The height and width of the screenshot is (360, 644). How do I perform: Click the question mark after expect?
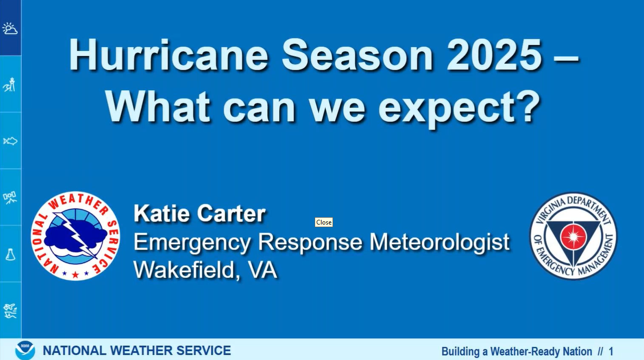530,105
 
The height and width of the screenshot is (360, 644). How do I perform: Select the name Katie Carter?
200,213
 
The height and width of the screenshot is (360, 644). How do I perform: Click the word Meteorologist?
440,242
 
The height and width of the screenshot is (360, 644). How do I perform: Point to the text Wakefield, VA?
206,270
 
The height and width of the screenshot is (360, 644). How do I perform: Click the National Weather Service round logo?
75,236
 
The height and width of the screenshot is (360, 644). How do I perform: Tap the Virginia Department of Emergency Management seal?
573,236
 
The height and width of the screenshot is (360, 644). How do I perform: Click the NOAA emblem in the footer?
25,350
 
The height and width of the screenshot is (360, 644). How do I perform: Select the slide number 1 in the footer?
611,352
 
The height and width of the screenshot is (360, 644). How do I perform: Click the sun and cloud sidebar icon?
10,28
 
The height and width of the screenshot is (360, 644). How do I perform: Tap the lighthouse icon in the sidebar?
9,84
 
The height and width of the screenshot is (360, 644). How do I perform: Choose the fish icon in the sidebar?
10,141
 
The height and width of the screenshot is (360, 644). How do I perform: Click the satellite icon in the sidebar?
10,198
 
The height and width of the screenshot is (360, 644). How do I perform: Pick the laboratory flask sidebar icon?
11,255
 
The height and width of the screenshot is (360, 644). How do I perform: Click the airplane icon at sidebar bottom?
10,311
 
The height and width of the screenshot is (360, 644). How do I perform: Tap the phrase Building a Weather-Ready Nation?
516,352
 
